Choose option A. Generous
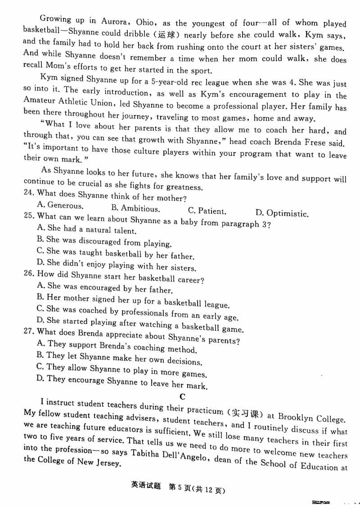[60, 206]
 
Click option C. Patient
[207, 211]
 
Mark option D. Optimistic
[282, 213]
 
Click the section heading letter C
[182, 396]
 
